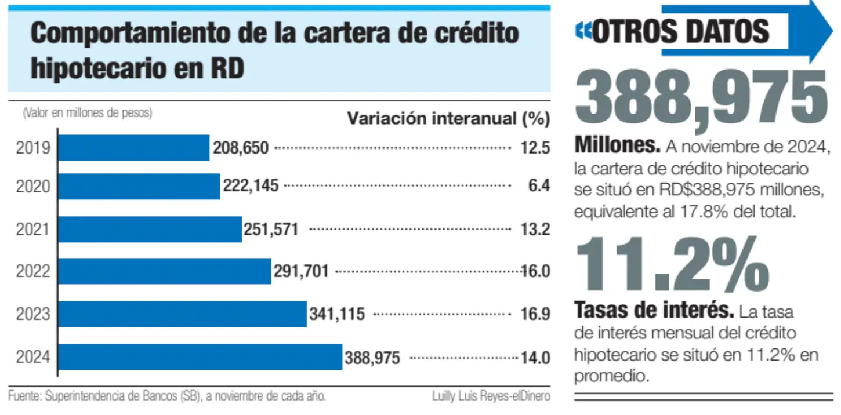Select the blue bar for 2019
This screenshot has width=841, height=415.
(x=134, y=148)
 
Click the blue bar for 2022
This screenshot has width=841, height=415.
(x=165, y=271)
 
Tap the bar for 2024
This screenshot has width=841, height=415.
(x=201, y=357)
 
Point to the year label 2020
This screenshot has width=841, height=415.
(x=33, y=187)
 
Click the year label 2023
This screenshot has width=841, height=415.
(x=33, y=314)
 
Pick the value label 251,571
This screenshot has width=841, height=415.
(x=271, y=230)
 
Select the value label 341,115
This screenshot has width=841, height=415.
(x=337, y=314)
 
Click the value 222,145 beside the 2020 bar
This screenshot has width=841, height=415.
(x=251, y=185)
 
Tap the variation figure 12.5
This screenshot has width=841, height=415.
(x=535, y=148)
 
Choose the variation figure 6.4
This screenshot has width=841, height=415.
(x=539, y=185)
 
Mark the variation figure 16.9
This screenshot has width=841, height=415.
(x=535, y=314)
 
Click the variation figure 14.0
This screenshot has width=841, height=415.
(x=535, y=358)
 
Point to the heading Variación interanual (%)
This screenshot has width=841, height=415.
(x=449, y=119)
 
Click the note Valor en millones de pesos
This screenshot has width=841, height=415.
(x=88, y=112)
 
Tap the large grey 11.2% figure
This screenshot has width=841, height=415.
(x=672, y=264)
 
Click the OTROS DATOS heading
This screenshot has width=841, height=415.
(x=680, y=31)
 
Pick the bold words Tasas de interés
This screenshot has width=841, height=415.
(x=654, y=310)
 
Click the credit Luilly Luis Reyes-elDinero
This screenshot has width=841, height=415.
(x=491, y=396)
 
